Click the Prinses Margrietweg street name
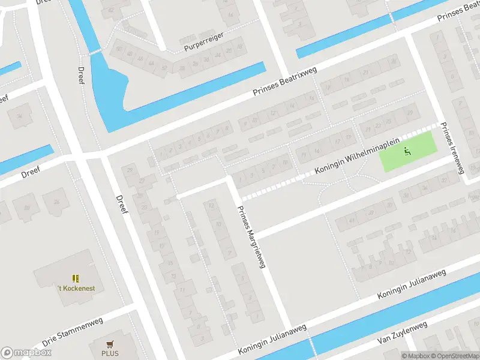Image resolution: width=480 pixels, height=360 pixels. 251,236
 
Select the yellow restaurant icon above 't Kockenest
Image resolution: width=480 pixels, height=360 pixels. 76,278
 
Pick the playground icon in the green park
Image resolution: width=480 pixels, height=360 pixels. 407,151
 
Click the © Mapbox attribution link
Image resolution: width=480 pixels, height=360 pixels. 417,356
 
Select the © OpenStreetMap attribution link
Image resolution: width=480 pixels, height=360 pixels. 455,356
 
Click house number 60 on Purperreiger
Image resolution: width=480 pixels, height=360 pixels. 119,49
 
